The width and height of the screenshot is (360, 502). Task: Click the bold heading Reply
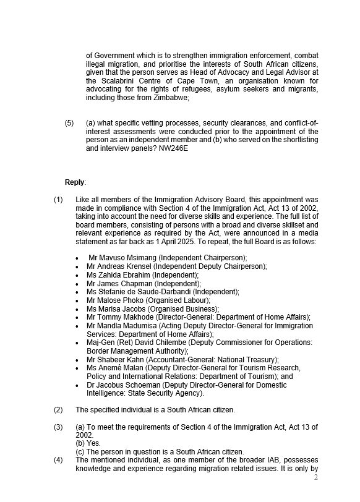pos(75,182)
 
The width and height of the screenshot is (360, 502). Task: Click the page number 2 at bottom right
pos(316,477)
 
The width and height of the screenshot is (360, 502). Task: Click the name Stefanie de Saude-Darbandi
pos(145,292)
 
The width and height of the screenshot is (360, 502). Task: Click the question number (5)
pos(69,123)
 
